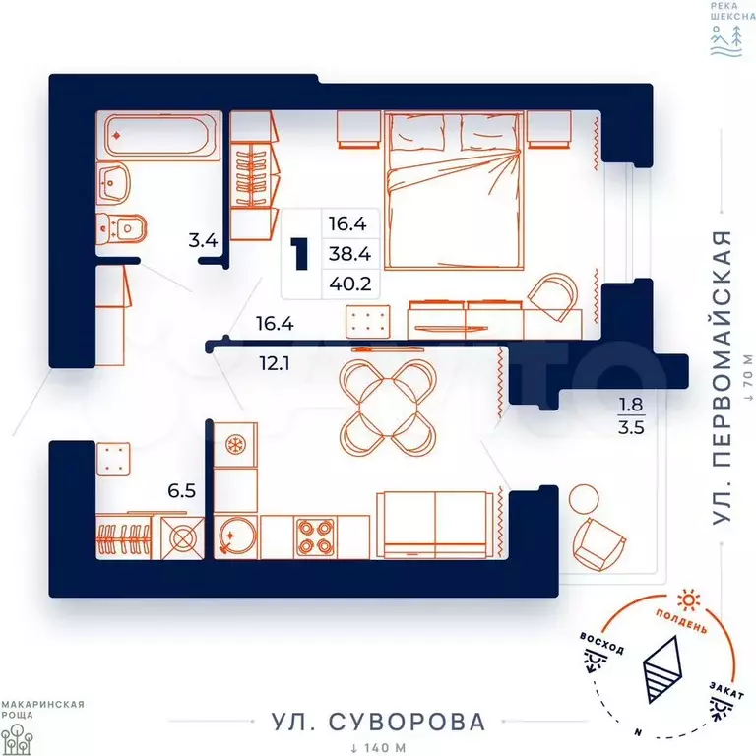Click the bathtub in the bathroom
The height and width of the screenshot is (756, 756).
[x=159, y=136]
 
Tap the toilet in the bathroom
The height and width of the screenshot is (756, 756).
[x=120, y=228]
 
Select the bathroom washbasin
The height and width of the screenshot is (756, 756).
[x=113, y=183]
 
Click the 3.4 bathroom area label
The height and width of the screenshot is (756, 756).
[x=203, y=240]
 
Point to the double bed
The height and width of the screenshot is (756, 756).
[x=454, y=190]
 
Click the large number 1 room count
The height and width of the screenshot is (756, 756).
[x=300, y=254]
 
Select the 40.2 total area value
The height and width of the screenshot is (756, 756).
[x=350, y=283]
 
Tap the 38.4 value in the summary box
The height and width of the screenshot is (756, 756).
[x=350, y=254]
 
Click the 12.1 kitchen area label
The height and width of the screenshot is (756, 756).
[x=275, y=363]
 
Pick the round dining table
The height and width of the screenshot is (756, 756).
[x=388, y=408]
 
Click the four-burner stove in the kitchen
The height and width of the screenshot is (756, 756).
[x=315, y=536]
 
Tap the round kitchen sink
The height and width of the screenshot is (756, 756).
[x=237, y=536]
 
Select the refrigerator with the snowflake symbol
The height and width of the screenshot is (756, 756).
[x=235, y=445]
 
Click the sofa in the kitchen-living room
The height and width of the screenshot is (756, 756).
[x=436, y=525]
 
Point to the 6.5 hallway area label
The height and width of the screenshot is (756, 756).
[x=182, y=491]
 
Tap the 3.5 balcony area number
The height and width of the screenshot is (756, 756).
[x=631, y=427]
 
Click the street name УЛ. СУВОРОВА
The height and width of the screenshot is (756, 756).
[x=378, y=722]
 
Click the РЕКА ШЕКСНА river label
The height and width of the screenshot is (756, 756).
[x=732, y=11]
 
